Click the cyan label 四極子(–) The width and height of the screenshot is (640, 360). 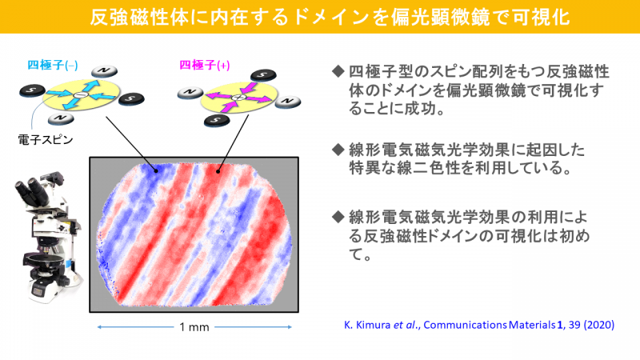52,65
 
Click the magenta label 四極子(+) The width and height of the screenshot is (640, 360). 205,65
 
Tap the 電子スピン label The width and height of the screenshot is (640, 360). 46,139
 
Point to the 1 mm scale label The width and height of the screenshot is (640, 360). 194,327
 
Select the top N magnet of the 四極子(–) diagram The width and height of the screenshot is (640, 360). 105,71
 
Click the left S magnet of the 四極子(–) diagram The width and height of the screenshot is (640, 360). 32,90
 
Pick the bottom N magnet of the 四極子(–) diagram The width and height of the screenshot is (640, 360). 61,118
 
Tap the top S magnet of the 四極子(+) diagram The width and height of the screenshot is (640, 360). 263,75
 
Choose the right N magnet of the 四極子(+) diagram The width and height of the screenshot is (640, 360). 288,102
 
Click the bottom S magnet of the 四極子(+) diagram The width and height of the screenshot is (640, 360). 217,120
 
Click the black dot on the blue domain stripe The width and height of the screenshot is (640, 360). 155,170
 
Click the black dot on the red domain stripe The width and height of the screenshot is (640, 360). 218,171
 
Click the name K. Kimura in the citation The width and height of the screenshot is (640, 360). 367,325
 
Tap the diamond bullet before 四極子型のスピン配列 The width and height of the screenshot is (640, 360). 338,71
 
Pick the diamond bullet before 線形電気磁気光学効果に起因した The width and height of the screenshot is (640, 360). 338,150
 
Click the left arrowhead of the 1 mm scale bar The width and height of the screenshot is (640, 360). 99,327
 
